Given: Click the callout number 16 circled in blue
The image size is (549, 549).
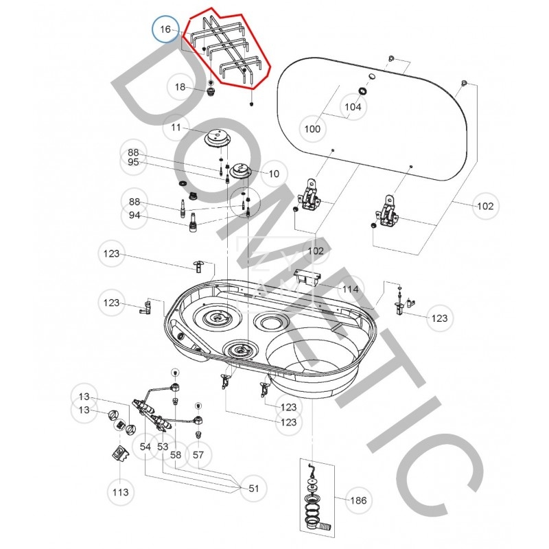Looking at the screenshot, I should (165, 30).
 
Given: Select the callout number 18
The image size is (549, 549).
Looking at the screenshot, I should (180, 87).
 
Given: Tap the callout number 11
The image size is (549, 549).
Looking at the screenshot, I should (176, 128).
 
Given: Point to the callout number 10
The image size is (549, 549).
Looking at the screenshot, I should (274, 174).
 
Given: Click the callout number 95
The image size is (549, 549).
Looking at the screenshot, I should (133, 163).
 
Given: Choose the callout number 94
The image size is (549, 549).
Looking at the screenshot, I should (133, 215).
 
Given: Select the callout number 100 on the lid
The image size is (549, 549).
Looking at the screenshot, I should (312, 128).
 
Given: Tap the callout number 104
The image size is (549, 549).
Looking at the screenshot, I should (353, 107).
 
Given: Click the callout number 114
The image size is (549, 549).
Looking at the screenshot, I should (351, 289).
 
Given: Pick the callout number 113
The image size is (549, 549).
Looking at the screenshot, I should (121, 492).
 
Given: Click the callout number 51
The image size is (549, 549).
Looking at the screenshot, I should (254, 489).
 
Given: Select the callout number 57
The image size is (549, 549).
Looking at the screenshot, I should (198, 454).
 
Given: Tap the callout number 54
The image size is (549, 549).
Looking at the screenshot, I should (145, 447).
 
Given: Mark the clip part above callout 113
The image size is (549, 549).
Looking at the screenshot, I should (120, 454).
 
